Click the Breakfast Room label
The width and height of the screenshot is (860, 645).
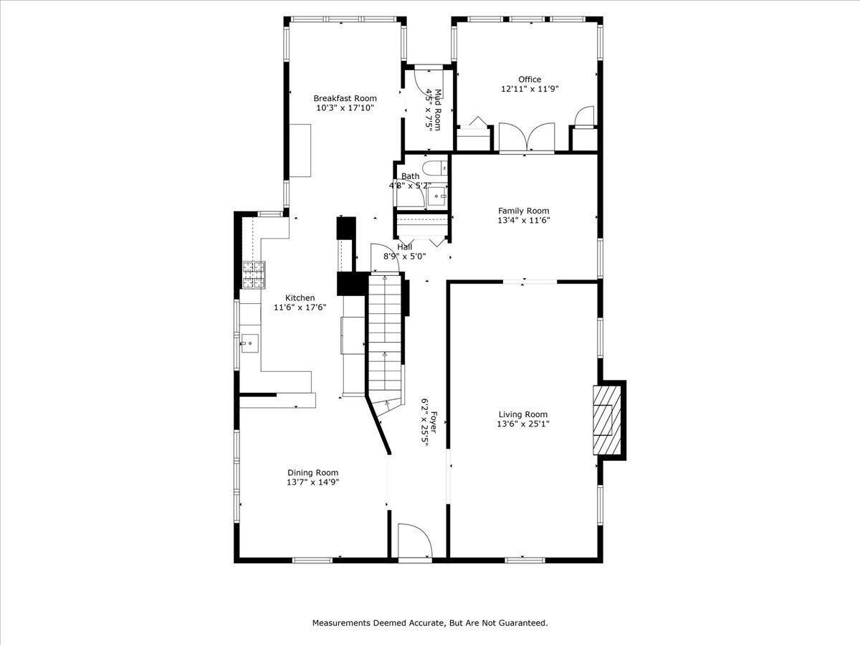pyautogui.click(x=345, y=98)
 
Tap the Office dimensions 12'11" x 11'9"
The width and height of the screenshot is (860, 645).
pyautogui.click(x=530, y=89)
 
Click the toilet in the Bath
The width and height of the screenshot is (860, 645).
pyautogui.click(x=434, y=169)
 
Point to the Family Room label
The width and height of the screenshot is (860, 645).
pyautogui.click(x=524, y=211)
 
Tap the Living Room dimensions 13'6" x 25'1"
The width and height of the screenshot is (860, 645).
pyautogui.click(x=523, y=424)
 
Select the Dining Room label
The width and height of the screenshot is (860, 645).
pyautogui.click(x=312, y=472)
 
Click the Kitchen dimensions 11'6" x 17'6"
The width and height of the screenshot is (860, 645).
pyautogui.click(x=300, y=307)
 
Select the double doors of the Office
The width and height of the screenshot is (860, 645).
pyautogui.click(x=527, y=138)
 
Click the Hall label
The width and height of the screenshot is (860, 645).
pyautogui.click(x=405, y=247)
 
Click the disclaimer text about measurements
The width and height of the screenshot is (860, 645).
pyautogui.click(x=430, y=623)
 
